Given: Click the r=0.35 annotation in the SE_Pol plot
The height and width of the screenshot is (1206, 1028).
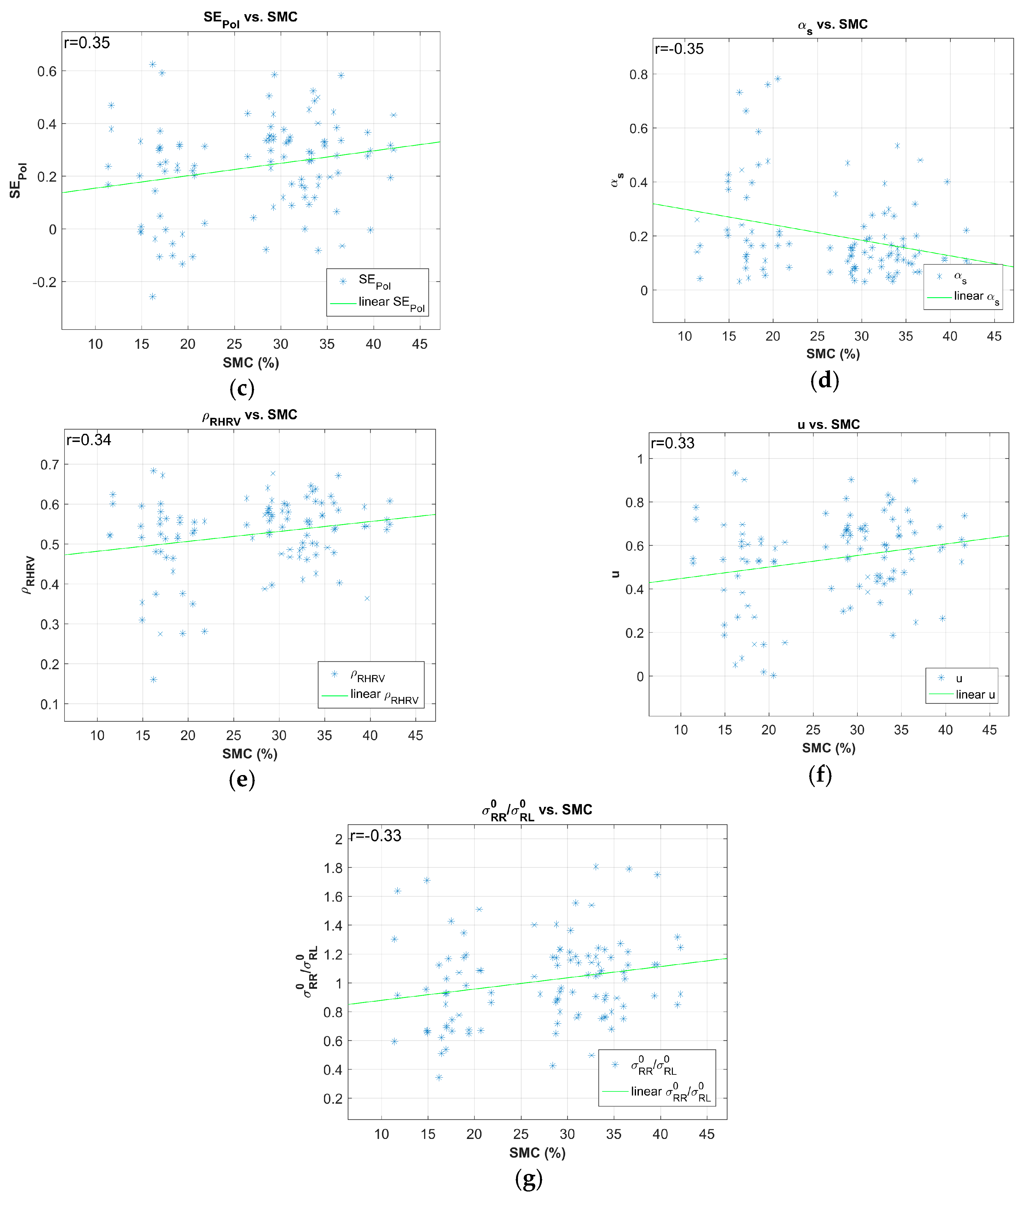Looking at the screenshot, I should (x=87, y=43).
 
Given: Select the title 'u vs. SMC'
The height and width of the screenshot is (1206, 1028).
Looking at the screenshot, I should (x=828, y=424).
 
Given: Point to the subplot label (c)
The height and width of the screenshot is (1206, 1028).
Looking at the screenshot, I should (x=242, y=388).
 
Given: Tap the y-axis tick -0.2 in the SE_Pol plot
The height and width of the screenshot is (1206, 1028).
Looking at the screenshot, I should (x=44, y=282).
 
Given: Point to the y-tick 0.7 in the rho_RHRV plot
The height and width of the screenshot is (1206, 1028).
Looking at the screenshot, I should (x=49, y=464).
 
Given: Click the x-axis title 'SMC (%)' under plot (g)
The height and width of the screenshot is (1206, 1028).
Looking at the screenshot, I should (x=537, y=1152).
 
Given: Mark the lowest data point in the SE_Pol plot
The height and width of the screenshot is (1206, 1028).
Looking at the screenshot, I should (x=152, y=296).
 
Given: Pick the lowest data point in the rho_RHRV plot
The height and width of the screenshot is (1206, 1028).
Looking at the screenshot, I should (x=154, y=679).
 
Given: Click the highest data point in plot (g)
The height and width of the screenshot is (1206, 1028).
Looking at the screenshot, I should (x=595, y=867).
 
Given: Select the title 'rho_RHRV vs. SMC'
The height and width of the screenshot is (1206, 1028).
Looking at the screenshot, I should (x=250, y=416).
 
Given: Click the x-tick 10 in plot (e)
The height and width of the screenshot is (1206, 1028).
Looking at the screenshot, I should (x=97, y=736).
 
